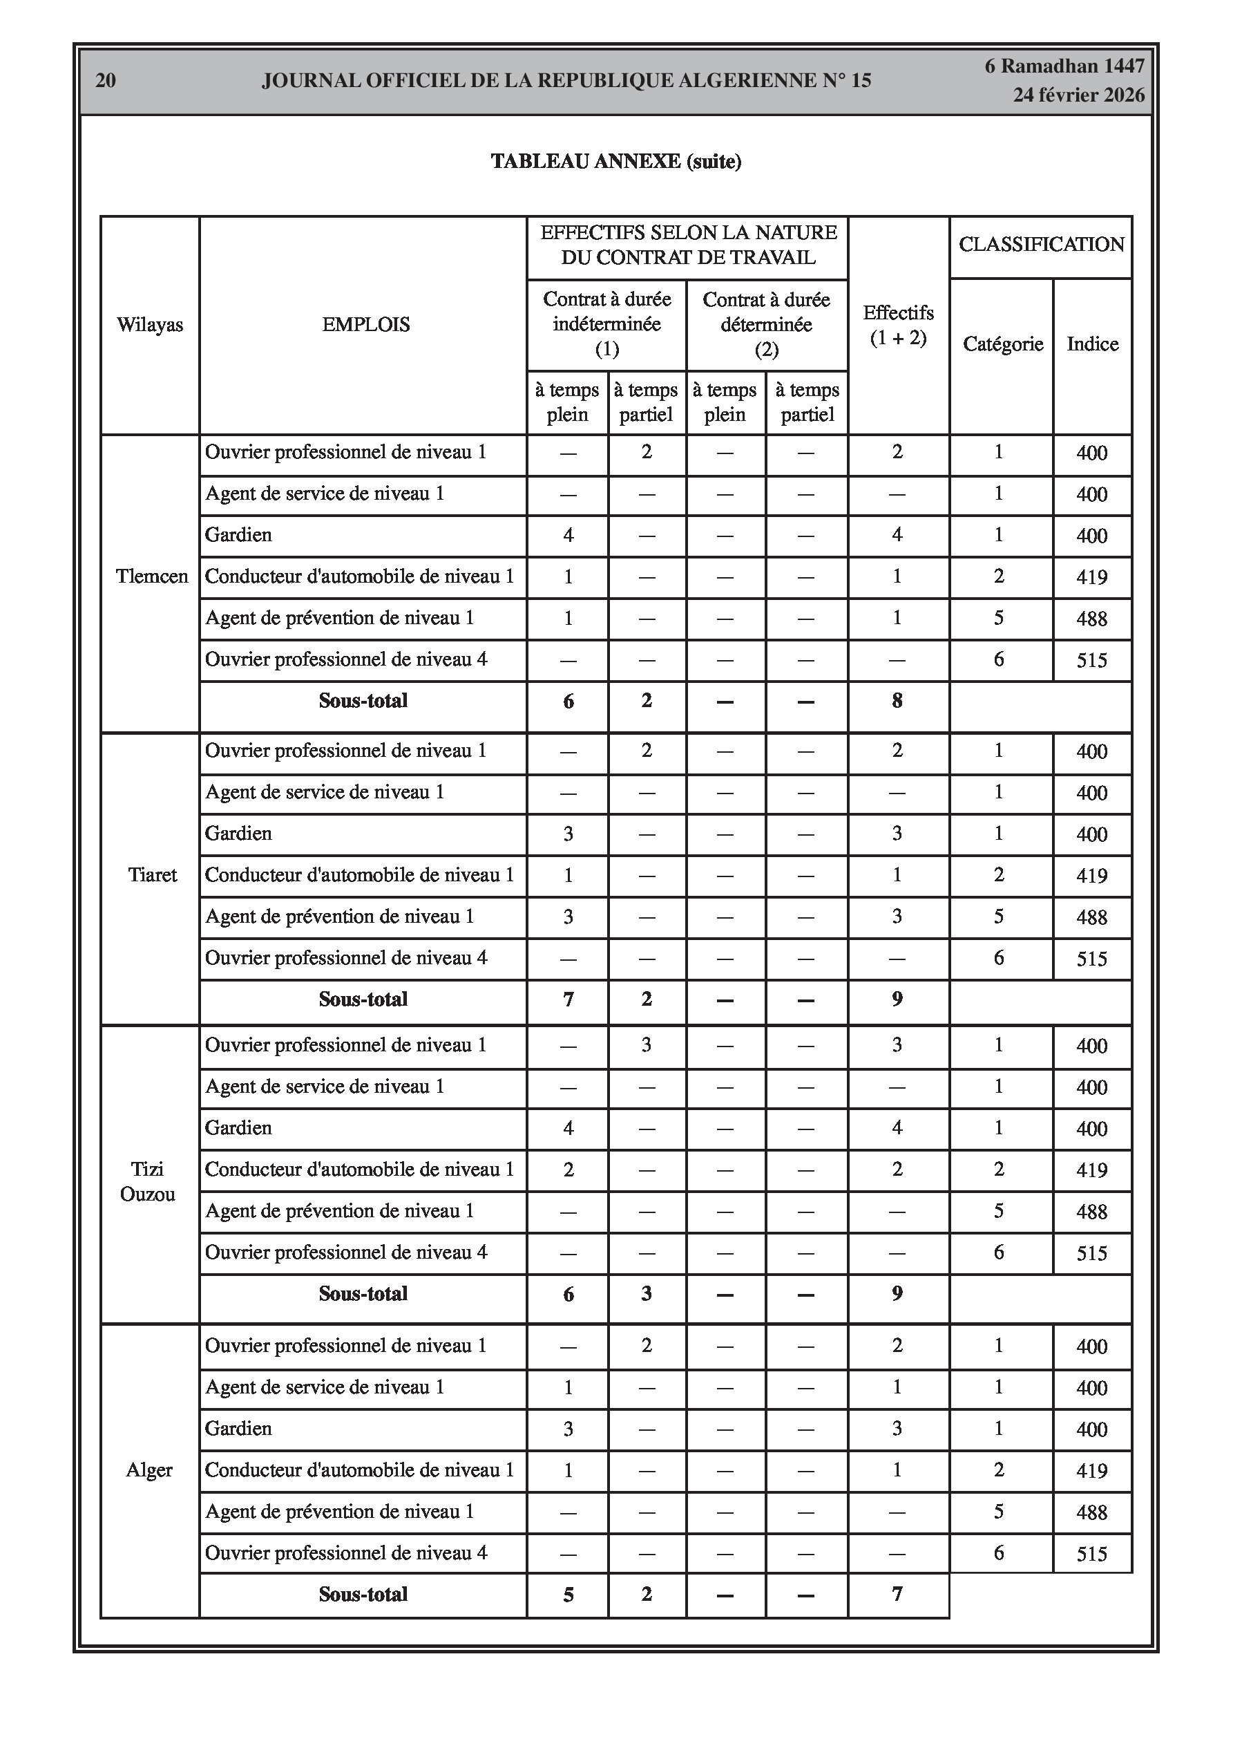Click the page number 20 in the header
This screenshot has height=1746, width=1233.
point(106,81)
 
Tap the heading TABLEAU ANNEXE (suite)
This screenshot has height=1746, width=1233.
point(615,161)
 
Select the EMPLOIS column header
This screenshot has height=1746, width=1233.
point(365,325)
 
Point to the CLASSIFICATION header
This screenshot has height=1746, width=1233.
point(1041,244)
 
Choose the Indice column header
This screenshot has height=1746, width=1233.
point(1092,344)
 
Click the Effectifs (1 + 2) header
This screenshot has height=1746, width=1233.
point(899,325)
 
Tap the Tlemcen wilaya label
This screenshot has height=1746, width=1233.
point(151,576)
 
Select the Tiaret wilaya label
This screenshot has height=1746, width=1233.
point(152,875)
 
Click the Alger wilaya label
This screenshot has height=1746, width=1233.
point(149,1470)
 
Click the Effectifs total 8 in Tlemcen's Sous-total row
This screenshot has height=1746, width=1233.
point(897,701)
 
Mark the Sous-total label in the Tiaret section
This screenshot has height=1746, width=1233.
point(363,999)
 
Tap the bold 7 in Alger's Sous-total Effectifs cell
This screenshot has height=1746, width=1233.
point(897,1594)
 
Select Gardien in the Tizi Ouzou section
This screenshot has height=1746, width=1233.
point(238,1128)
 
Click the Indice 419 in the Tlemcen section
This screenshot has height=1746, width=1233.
point(1091,577)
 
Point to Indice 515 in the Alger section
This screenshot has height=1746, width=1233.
point(1091,1554)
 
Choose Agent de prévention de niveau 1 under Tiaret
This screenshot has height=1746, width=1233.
point(339,917)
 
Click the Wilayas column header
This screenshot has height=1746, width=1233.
point(150,325)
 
